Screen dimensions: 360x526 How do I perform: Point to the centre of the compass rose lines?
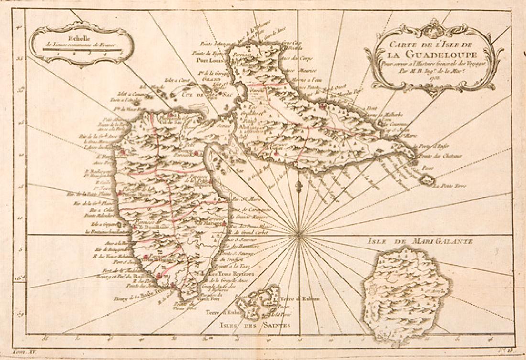(298, 234)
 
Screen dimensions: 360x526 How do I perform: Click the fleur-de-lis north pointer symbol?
(298, 185)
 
